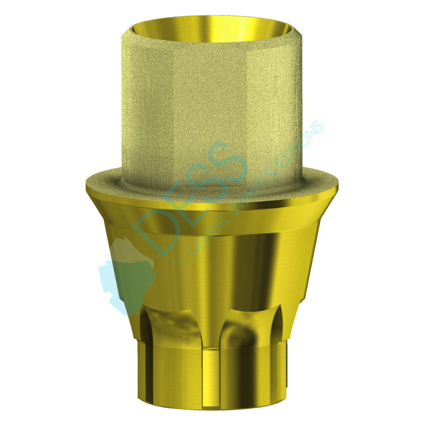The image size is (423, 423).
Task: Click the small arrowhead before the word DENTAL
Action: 180,264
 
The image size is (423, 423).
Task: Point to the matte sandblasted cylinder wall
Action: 211,109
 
